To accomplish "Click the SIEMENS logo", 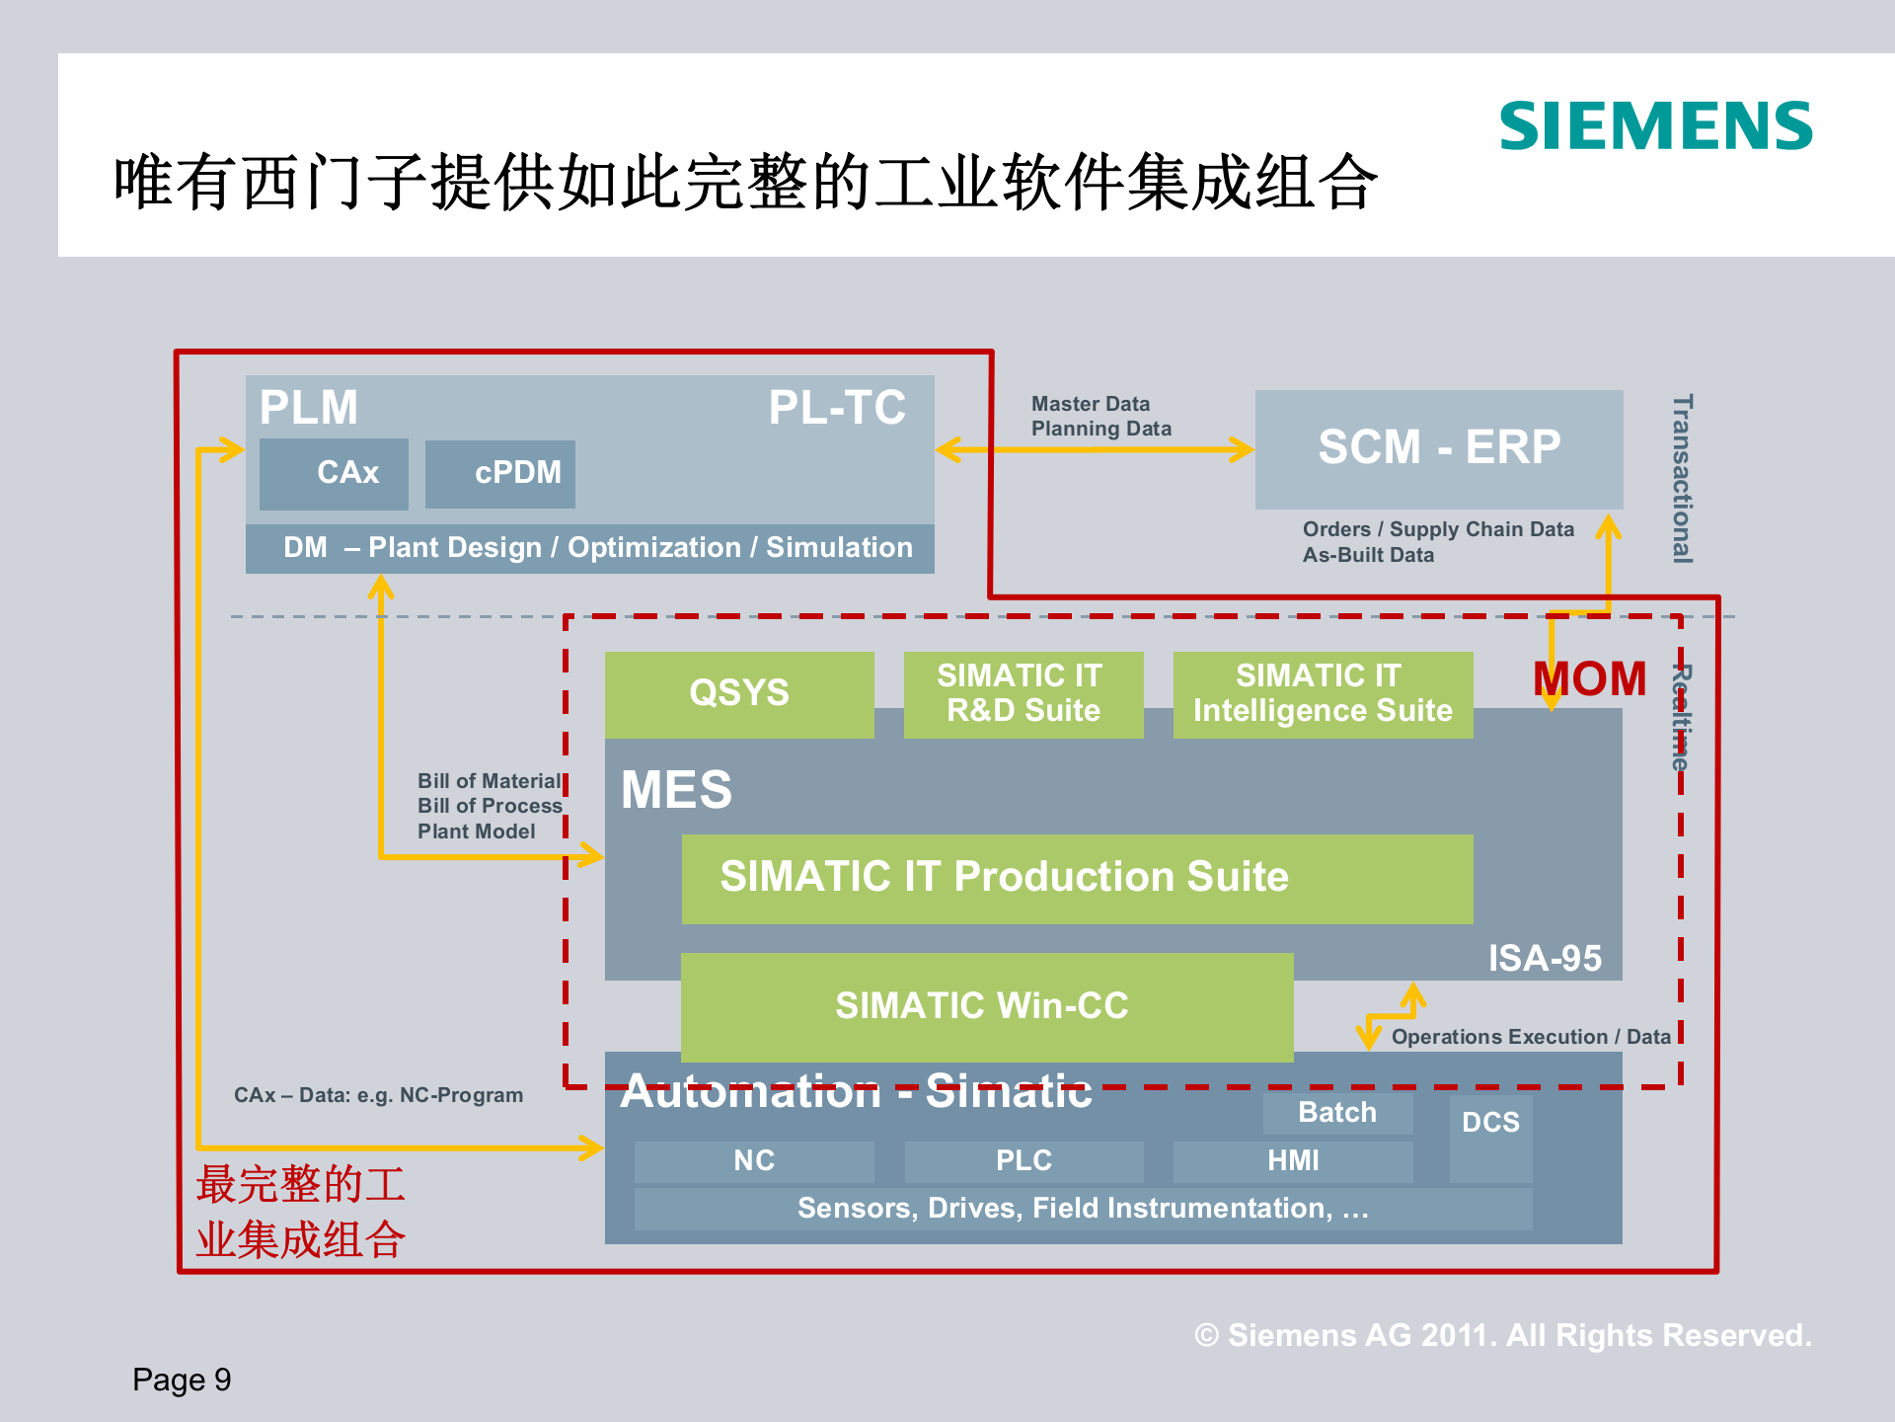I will tap(1655, 126).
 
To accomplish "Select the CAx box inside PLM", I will tap(335, 474).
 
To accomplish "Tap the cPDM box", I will tap(500, 474).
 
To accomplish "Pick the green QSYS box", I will tap(739, 693).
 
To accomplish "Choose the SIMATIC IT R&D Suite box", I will tap(1023, 693).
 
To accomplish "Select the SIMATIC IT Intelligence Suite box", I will tap(1323, 693).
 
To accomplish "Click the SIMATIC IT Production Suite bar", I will tap(1077, 878).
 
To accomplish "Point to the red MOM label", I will tap(1589, 679).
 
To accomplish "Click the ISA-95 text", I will tap(1545, 958).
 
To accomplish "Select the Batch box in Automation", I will tap(1337, 1113).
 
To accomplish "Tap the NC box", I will tap(754, 1161).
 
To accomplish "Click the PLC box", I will tap(1023, 1161).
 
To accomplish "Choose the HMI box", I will tap(1293, 1161).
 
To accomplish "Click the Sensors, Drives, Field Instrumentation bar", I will tap(1083, 1209).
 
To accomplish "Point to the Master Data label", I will tap(1091, 404).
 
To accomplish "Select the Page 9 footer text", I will tap(182, 1380).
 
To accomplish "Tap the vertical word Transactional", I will tap(1683, 479).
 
